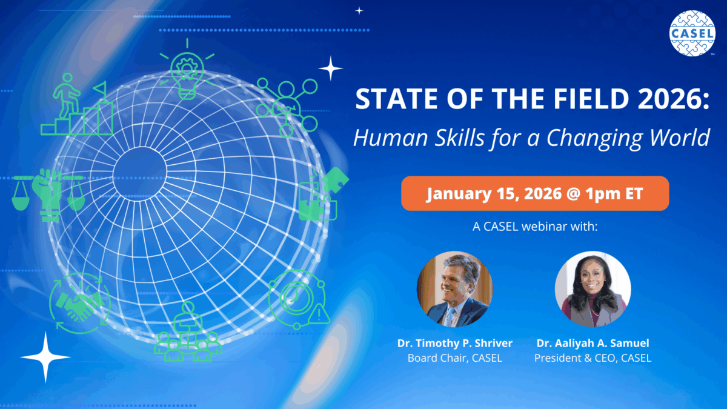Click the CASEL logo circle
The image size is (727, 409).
tap(692, 33)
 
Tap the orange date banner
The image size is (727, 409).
tap(535, 193)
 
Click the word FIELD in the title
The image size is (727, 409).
tap(591, 99)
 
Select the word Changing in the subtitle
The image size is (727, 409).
tap(594, 138)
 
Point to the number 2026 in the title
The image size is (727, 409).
tap(671, 99)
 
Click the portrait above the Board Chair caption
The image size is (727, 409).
tap(455, 289)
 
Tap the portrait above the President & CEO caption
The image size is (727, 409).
tap(593, 289)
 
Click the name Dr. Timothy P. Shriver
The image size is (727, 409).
tap(455, 343)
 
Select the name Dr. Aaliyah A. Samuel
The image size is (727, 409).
tap(593, 343)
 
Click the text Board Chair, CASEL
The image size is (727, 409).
tap(455, 358)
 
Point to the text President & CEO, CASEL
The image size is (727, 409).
tap(593, 358)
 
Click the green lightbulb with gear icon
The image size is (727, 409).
tap(187, 70)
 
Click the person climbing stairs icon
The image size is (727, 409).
tap(76, 104)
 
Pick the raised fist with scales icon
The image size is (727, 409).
tap(48, 195)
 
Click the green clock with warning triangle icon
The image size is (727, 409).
tap(299, 299)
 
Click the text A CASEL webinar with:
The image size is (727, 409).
tap(535, 226)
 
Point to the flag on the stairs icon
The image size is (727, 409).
tap(101, 88)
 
